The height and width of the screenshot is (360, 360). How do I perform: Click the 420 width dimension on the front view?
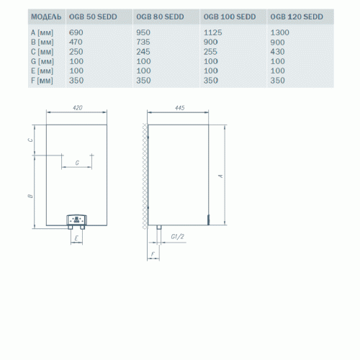tap(78, 108)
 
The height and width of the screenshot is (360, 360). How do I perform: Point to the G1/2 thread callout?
tap(179, 237)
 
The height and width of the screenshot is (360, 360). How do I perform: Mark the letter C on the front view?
tap(30, 140)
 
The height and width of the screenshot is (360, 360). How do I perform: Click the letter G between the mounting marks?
tap(77, 163)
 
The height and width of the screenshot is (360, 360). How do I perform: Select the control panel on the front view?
tap(76, 218)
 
